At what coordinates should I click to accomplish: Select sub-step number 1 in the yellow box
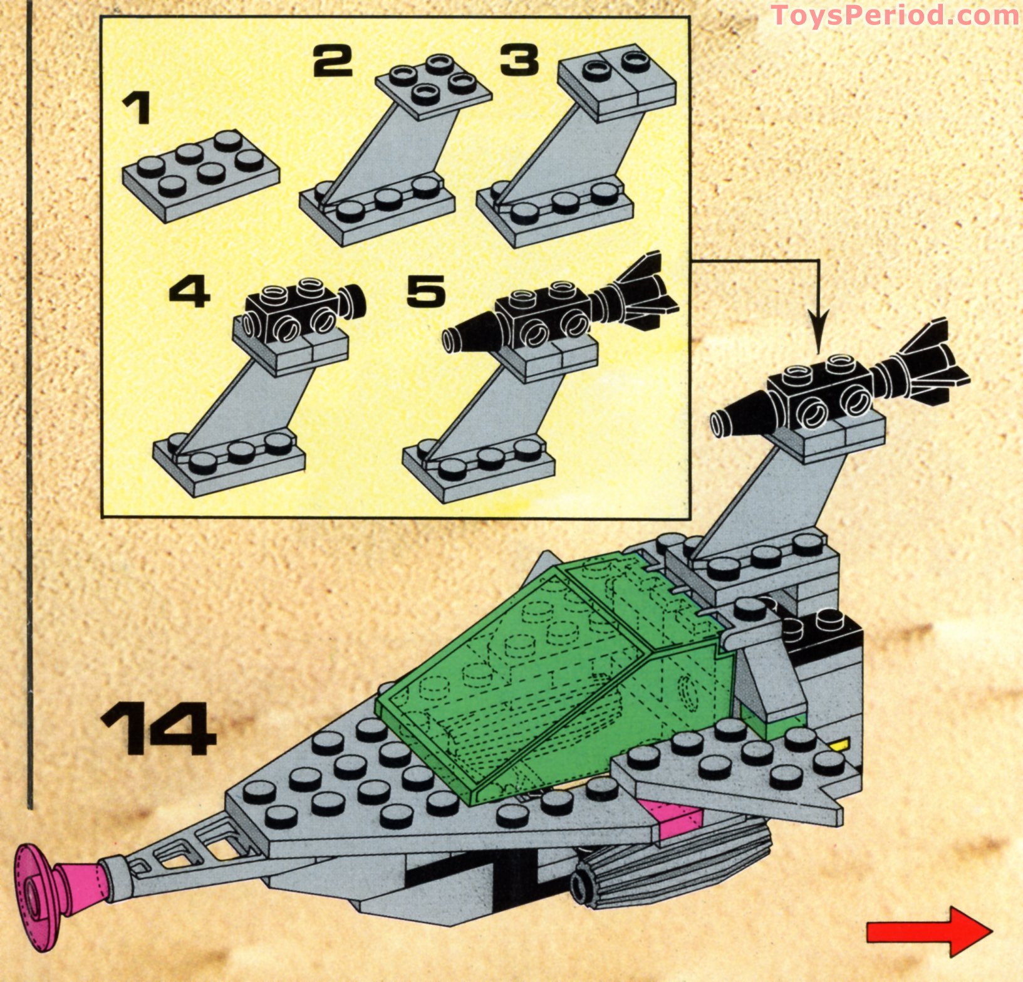(137, 108)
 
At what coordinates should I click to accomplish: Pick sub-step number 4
(189, 293)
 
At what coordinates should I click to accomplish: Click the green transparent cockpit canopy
(551, 683)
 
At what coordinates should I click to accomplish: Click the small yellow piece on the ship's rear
(841, 744)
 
